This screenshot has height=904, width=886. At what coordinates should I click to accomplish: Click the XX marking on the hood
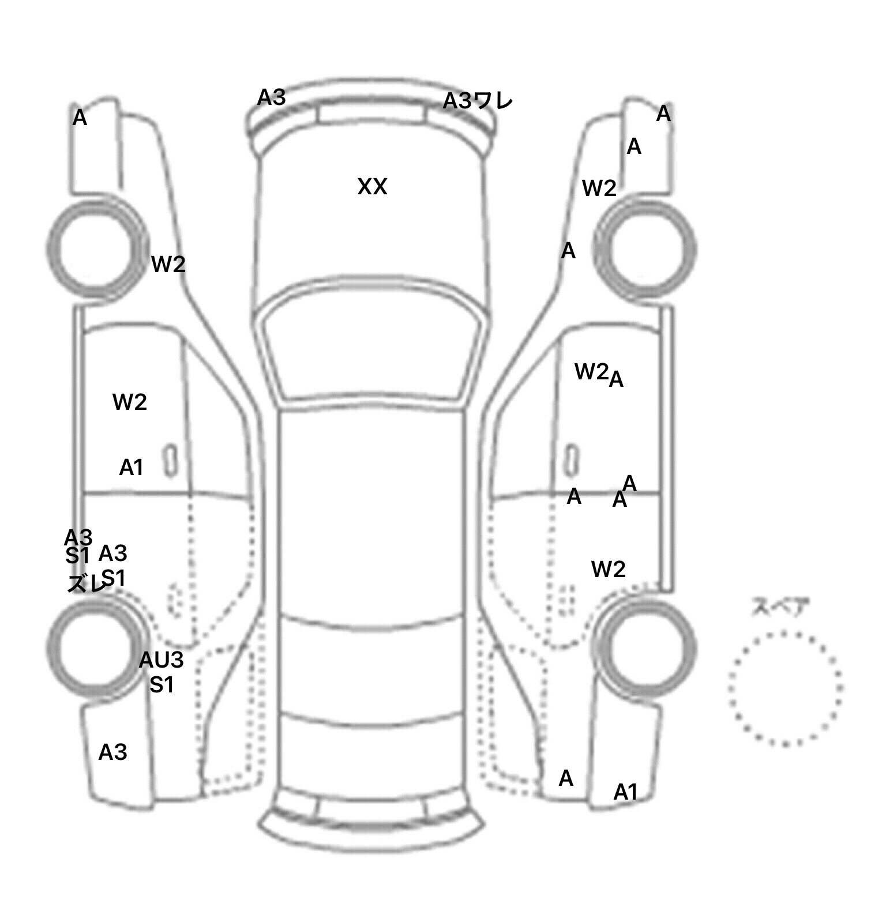(x=372, y=187)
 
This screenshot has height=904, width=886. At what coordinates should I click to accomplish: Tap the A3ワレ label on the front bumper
(x=478, y=101)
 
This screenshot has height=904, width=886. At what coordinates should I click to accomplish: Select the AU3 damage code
(x=162, y=660)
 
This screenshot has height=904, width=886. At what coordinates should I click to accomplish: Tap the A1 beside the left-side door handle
(x=131, y=468)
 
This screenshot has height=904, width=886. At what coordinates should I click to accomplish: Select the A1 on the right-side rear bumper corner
(x=625, y=792)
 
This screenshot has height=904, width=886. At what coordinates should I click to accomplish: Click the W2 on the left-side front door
(x=130, y=402)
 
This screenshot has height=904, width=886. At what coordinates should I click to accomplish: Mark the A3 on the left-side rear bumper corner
(x=112, y=752)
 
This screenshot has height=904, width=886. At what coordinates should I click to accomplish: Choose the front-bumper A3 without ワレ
(x=271, y=97)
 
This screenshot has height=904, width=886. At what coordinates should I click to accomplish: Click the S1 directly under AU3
(x=162, y=685)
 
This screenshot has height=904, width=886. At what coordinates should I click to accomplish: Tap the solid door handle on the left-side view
(x=170, y=461)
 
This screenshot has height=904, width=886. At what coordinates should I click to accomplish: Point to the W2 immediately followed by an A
(x=592, y=372)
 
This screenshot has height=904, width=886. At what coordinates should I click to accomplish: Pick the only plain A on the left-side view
(x=80, y=118)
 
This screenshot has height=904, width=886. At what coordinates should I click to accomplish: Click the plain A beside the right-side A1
(x=566, y=778)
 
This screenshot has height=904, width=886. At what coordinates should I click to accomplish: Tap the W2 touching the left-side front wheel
(x=168, y=264)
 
